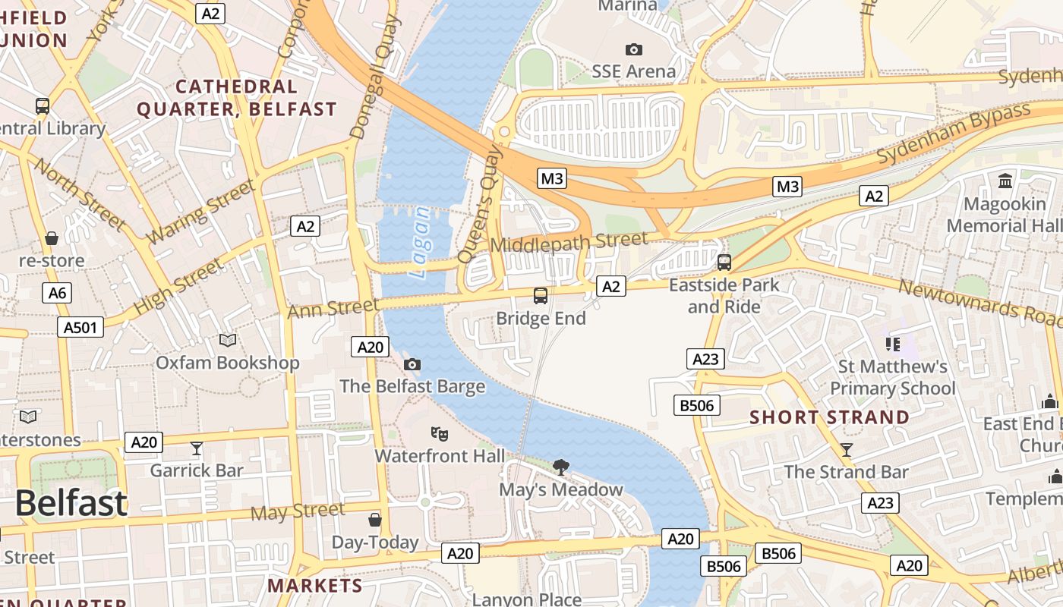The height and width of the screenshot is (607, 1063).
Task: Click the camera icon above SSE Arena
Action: [633, 49]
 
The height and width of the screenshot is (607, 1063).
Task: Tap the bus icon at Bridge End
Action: [541, 296]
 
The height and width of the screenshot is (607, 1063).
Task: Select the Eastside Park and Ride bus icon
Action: [724, 263]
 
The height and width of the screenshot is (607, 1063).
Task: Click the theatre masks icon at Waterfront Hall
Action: [439, 434]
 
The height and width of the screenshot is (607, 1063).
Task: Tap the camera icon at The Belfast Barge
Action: [412, 364]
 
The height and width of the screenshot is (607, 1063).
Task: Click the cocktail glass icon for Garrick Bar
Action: [197, 448]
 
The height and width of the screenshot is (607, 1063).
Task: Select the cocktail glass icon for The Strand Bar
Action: [847, 449]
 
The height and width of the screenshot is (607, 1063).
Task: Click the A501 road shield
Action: [80, 327]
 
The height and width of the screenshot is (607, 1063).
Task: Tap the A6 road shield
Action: [57, 293]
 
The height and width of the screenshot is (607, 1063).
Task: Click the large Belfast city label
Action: [71, 504]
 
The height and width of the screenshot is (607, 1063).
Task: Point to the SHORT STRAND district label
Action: [829, 417]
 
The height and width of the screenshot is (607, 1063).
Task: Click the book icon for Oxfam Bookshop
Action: [228, 340]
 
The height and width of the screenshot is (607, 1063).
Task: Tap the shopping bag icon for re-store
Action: [52, 238]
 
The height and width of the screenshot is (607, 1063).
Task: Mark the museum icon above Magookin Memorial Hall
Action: [1006, 181]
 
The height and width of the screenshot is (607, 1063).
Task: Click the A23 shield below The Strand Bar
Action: [880, 502]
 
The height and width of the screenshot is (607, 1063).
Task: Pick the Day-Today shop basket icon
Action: [375, 520]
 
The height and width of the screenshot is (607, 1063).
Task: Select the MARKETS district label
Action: [315, 586]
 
